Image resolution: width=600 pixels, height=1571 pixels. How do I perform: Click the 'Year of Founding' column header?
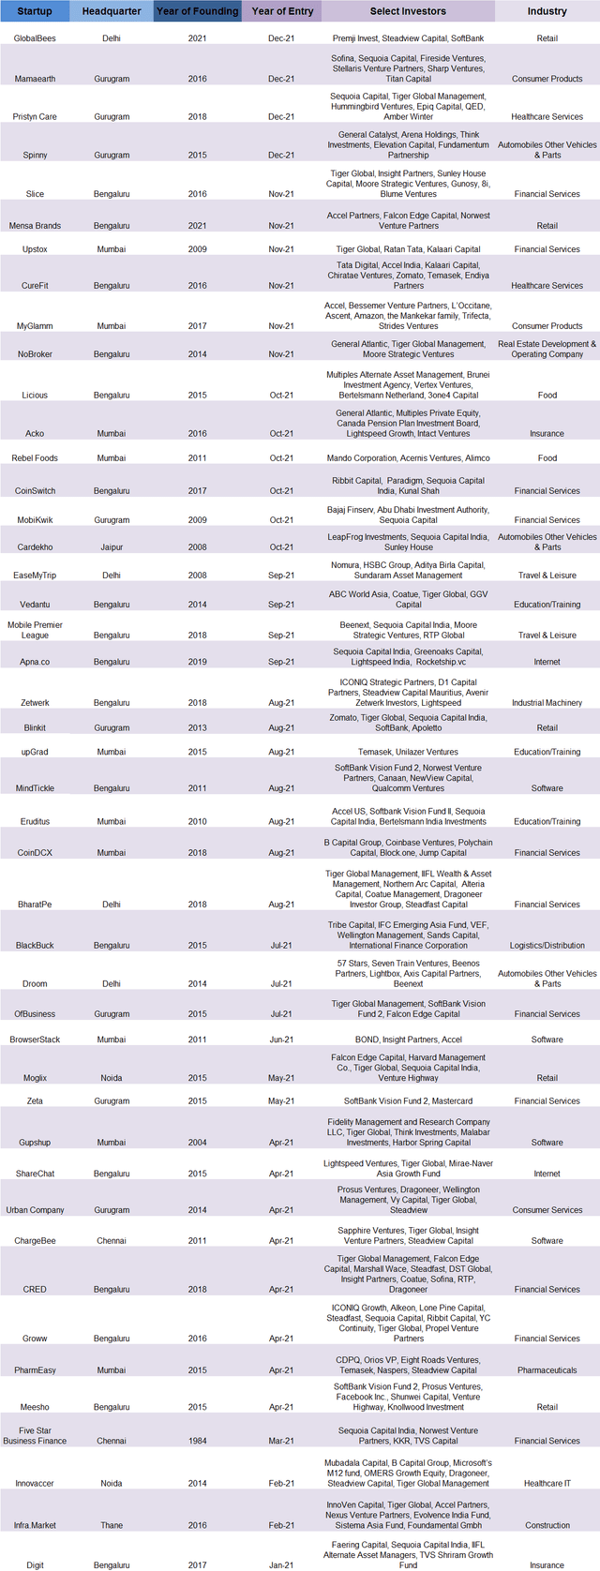197,11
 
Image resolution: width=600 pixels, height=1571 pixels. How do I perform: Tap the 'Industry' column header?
547,11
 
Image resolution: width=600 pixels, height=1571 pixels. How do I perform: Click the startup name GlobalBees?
35,38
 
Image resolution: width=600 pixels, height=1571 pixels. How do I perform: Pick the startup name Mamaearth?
35,79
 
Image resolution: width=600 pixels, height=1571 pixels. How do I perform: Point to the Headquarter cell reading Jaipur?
112,547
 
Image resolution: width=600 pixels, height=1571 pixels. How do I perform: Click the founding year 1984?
197,1441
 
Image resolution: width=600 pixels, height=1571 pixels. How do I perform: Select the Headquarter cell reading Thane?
112,1525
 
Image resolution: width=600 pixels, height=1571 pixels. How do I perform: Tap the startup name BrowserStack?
35,1040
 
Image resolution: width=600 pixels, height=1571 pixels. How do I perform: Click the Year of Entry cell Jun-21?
281,1040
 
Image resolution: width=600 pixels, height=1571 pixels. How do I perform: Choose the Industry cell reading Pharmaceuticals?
547,1370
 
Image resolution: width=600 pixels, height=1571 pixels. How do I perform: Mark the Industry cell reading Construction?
547,1525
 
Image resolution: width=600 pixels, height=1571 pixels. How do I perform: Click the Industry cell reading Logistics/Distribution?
547,946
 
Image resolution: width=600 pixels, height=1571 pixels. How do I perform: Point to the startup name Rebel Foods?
35,458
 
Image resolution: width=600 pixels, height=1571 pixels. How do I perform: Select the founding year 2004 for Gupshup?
197,1143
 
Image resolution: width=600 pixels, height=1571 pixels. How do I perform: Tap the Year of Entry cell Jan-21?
281,1564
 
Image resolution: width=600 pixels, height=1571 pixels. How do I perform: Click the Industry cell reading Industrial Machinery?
547,703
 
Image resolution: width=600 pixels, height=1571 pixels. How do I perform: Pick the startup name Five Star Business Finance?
35,1435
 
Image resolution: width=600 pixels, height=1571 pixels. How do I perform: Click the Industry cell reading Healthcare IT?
547,1483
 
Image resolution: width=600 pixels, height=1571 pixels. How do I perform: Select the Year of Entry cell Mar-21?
281,1441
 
